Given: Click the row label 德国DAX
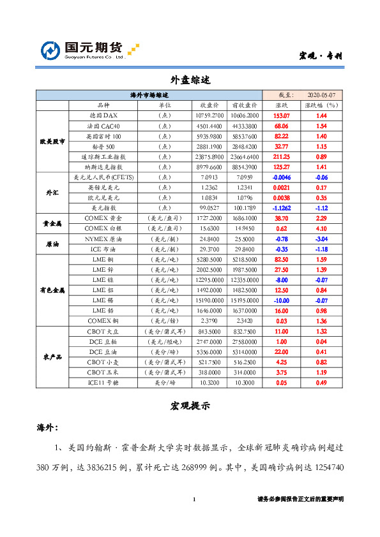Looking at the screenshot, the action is (x=103, y=116).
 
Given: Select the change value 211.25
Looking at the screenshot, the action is (x=282, y=157).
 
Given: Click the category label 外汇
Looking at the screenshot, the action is (x=52, y=192).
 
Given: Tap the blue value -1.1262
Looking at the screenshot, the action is (x=282, y=208).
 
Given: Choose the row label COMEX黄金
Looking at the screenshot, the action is (x=103, y=218).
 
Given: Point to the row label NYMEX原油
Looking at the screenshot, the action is (x=103, y=239).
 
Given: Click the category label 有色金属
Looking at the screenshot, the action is (x=52, y=290).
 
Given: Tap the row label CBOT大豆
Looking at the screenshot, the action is (x=103, y=332).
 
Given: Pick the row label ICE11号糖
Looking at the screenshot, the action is (x=103, y=383).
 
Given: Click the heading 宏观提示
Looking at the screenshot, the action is (x=190, y=406).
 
